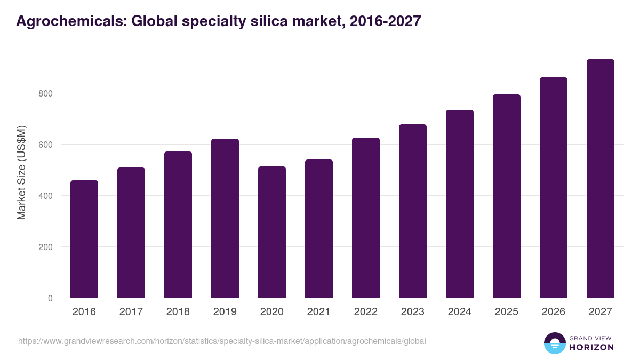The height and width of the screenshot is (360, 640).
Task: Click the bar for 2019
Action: tap(225, 218)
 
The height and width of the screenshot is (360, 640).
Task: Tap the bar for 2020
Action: tap(272, 232)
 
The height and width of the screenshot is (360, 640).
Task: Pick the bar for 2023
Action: tap(413, 211)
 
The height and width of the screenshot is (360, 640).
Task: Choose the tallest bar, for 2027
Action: tap(601, 178)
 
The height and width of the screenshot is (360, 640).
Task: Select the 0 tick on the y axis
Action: tap(51, 298)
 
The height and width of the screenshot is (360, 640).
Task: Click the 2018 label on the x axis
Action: tap(178, 312)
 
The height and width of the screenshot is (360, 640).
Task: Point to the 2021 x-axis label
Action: tap(319, 312)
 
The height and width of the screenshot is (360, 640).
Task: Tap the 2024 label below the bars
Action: tap(460, 312)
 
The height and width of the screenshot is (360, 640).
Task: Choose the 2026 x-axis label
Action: tap(554, 312)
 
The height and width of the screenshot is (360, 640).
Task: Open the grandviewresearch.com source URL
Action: tap(222, 341)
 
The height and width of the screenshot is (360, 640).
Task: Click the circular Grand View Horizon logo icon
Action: tap(555, 343)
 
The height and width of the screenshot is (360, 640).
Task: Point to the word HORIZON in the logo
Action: tap(591, 347)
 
